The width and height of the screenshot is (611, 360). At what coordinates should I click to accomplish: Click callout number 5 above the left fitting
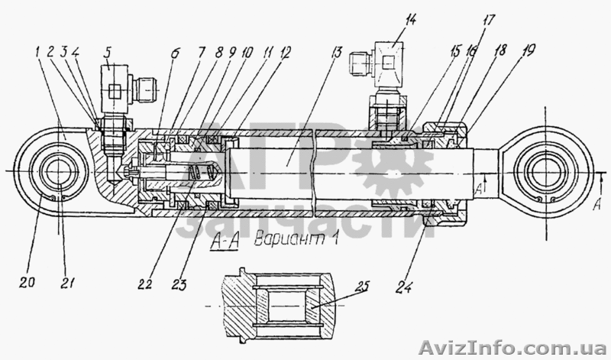tap(108, 54)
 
